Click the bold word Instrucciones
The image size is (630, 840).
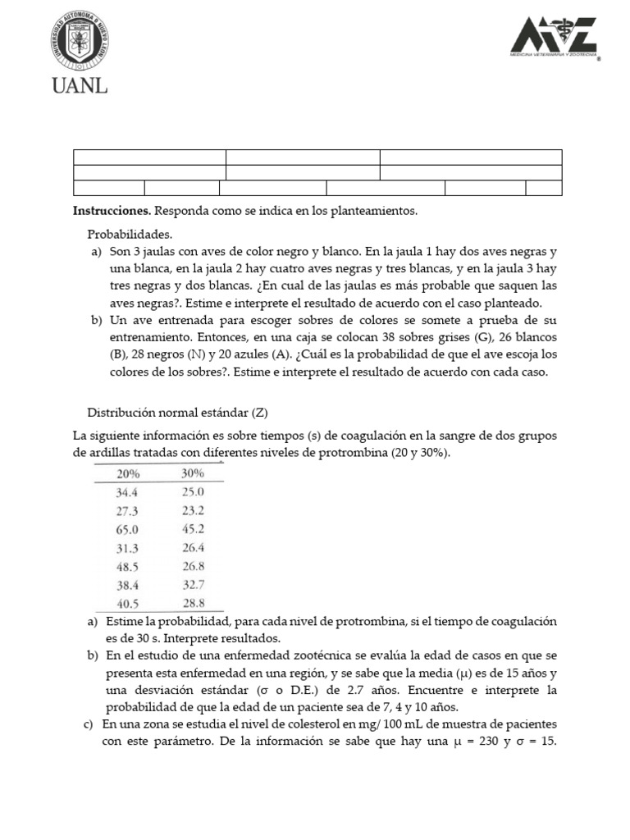[112, 211]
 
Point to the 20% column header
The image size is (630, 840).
[128, 473]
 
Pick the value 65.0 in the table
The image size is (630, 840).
[129, 529]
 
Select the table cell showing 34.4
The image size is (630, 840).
[129, 492]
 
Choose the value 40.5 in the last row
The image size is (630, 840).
[129, 603]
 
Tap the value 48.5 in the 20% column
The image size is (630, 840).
[129, 566]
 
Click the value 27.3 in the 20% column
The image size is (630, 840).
[129, 510]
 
